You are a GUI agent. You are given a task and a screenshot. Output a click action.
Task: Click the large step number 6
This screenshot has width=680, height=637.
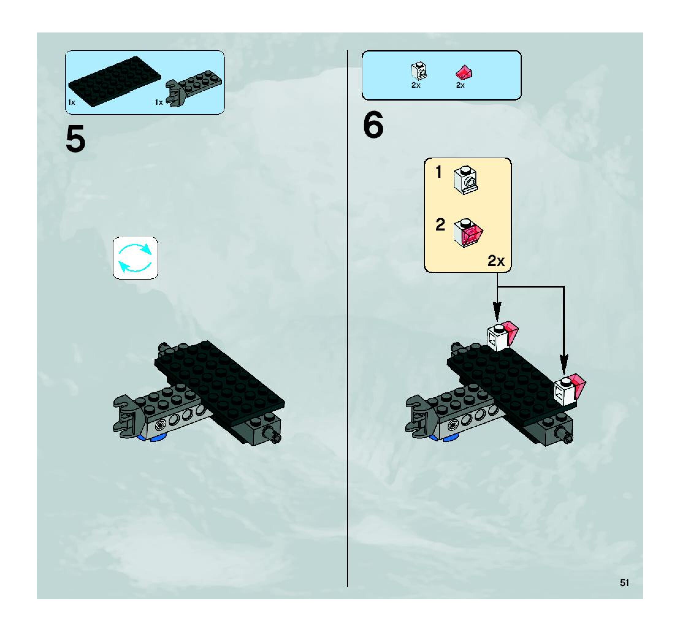click(x=373, y=125)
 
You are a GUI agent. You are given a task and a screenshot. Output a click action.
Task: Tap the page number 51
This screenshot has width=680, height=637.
click(x=624, y=583)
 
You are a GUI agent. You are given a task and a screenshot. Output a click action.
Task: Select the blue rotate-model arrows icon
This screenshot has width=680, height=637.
click(x=135, y=258)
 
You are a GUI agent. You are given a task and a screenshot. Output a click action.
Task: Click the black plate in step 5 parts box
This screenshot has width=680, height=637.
click(x=115, y=81)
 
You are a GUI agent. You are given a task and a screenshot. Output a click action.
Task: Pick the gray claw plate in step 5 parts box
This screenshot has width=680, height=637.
click(x=193, y=87)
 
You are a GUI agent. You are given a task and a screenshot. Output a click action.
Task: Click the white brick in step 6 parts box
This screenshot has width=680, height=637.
click(x=419, y=71)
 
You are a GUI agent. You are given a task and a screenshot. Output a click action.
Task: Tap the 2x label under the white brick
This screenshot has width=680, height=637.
click(x=416, y=85)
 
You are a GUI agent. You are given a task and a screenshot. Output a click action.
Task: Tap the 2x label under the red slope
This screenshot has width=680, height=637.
click(x=460, y=85)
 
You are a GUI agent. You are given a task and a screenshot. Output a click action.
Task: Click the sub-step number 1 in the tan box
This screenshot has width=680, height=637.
click(x=438, y=172)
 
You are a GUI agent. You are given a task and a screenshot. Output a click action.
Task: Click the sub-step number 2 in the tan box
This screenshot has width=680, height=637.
click(x=440, y=225)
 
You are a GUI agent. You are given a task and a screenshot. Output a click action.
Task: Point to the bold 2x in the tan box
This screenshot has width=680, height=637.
click(x=496, y=261)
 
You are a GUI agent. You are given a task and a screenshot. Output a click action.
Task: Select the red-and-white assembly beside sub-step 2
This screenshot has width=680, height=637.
click(x=468, y=233)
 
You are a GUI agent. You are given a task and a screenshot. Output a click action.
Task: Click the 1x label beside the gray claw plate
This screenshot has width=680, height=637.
click(x=159, y=102)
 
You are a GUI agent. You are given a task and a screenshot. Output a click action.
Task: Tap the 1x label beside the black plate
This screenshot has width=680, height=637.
click(x=71, y=102)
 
